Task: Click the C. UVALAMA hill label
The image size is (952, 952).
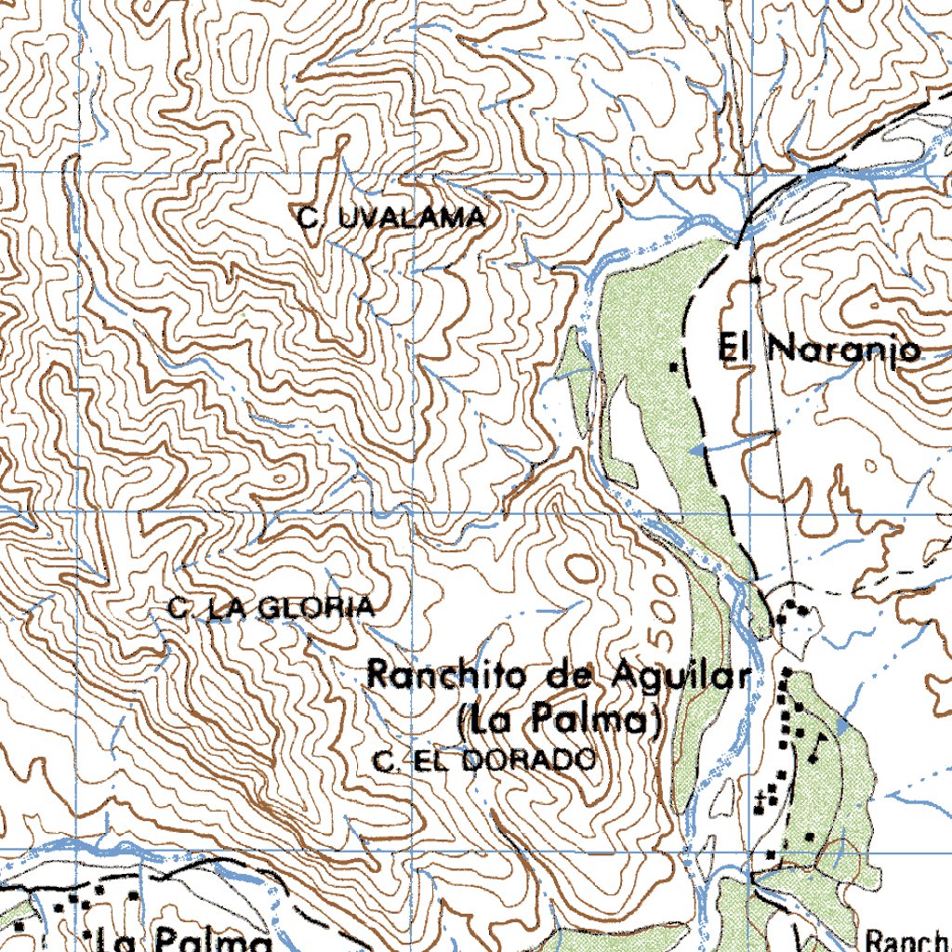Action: click(391, 219)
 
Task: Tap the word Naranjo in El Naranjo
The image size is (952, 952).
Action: click(844, 350)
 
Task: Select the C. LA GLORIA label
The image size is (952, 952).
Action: click(271, 609)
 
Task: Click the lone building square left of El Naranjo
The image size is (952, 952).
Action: click(676, 368)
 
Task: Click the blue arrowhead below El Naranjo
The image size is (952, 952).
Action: click(694, 450)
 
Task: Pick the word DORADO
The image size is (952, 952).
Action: click(528, 761)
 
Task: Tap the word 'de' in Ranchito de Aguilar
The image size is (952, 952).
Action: click(571, 676)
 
